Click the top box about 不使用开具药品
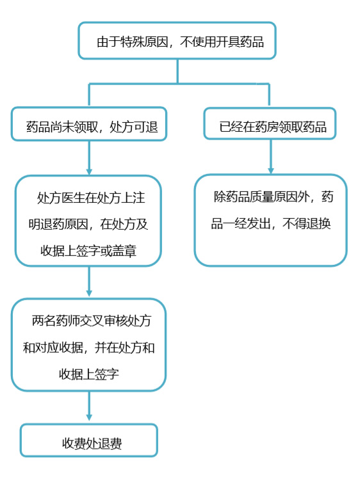177,40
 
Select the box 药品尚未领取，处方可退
89,124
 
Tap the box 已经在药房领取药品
270,124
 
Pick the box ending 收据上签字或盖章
88,221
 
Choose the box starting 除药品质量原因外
271,220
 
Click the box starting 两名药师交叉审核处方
89,345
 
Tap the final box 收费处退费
89,440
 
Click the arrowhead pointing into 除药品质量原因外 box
271,171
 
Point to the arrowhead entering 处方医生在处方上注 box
89,172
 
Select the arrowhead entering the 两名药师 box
89,294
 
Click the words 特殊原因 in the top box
144,42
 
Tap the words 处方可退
134,127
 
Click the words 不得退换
307,224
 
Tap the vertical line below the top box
177,71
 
